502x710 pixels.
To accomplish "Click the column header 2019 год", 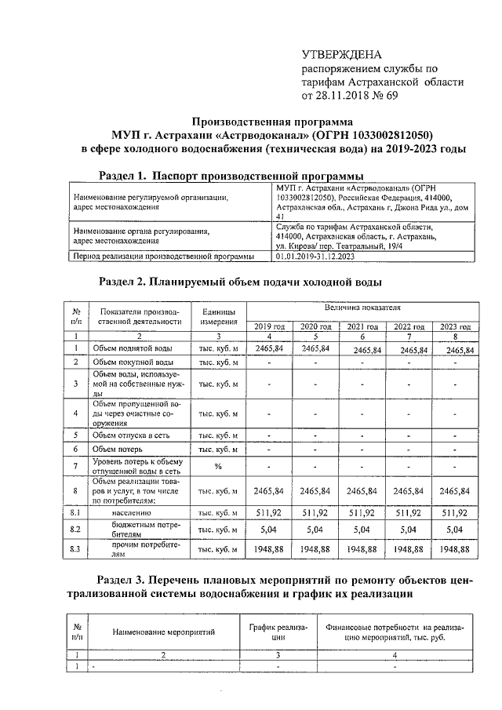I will coord(269,326).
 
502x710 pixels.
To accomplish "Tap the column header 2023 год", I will coord(458,326).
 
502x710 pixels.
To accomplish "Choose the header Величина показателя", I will coord(363,311).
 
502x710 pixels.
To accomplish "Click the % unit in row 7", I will coord(217,467).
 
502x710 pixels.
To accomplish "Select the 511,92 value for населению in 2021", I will coord(363,512).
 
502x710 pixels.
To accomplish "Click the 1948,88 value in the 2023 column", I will coord(457,550).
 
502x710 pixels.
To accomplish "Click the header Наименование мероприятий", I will coord(163,632).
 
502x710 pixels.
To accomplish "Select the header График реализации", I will coord(278,632).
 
